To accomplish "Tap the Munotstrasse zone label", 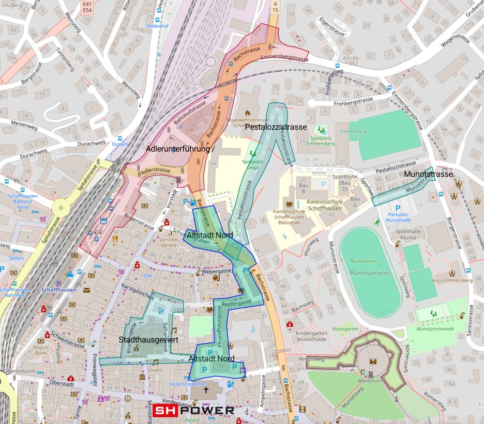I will pyautogui.click(x=428, y=173).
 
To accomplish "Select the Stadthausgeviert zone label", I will pyautogui.click(x=149, y=340).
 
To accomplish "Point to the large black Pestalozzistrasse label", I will pyautogui.click(x=276, y=127).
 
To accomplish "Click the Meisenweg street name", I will pyautogui.click(x=24, y=125).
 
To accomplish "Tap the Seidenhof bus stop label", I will pyautogui.click(x=156, y=28).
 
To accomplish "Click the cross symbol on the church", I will pyautogui.click(x=205, y=389).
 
